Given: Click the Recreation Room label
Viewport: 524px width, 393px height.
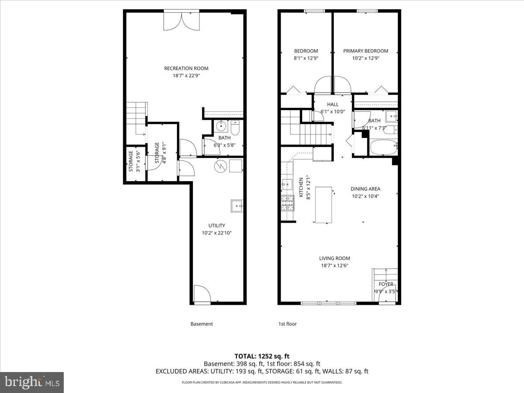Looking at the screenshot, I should click(186, 68).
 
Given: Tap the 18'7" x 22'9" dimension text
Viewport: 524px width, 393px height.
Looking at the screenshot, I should click(186, 76).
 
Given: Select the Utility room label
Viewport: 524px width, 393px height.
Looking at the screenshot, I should click(217, 225).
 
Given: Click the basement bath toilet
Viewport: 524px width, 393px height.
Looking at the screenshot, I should click(235, 128).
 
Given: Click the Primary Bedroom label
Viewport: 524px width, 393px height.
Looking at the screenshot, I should click(365, 51).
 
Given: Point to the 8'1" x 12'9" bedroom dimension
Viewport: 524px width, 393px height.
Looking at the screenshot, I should click(306, 58).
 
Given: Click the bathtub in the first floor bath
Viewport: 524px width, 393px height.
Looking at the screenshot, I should click(383, 147).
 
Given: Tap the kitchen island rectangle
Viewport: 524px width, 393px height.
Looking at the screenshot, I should click(324, 204).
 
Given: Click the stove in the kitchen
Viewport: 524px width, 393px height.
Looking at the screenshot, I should click(287, 202).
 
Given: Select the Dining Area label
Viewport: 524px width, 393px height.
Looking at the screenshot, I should click(365, 189).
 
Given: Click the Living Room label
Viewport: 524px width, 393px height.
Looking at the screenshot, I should click(334, 258).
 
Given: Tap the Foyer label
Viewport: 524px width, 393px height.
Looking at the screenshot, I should click(386, 284).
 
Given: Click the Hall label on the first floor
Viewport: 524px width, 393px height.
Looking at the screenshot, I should click(333, 104).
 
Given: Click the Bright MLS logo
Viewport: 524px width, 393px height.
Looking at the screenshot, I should click(32, 382).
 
